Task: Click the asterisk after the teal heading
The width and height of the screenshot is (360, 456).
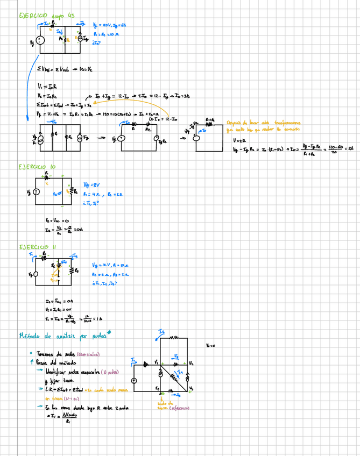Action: (x=108, y=333)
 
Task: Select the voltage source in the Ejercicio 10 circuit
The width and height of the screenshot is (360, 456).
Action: (x=36, y=192)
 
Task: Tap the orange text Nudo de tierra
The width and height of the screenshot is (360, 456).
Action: (x=168, y=405)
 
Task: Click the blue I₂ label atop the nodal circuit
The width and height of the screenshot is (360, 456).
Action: (x=162, y=331)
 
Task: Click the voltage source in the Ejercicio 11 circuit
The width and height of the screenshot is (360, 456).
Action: (x=36, y=274)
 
